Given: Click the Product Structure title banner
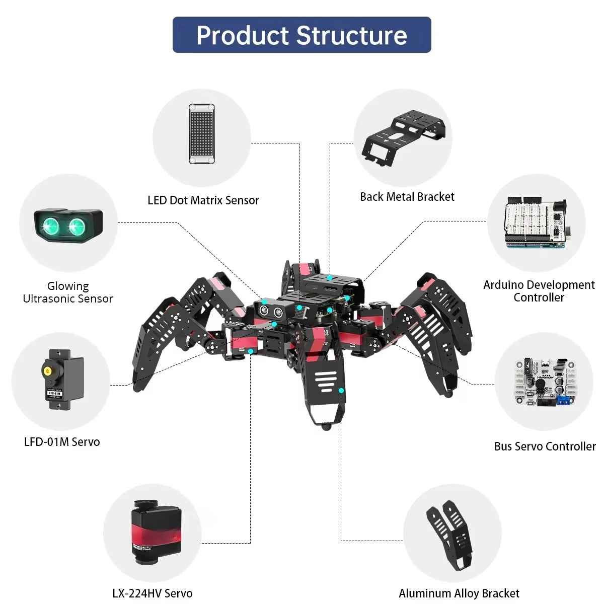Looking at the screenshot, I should point(301,35).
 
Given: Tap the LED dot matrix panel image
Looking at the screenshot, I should point(202,134).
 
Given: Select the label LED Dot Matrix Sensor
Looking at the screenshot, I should point(203,200).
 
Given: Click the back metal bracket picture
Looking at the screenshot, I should point(404,137).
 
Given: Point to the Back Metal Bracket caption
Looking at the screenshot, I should point(407,197).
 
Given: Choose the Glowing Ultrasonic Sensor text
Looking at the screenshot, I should point(68,292).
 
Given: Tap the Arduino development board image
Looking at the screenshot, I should point(536,222).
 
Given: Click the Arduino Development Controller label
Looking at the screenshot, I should point(539,291).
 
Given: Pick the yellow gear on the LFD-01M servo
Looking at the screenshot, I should point(48,371).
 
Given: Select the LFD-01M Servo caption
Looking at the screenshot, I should point(62,442).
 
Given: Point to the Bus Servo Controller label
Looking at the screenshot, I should point(545,446).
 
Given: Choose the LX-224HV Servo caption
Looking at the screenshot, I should point(152,593).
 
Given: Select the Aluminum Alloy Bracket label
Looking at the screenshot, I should point(459,593).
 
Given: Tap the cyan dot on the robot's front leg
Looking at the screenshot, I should point(341,391).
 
